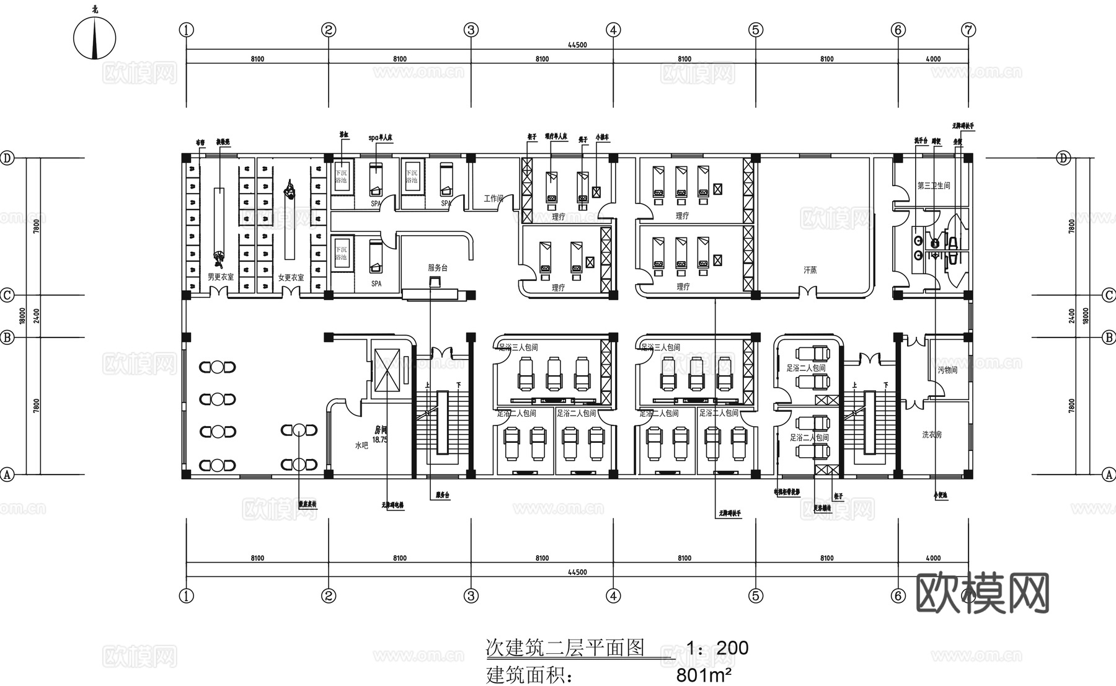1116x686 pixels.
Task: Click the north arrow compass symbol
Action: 94,38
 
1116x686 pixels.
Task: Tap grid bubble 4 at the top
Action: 613,30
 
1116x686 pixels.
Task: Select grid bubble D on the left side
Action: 7,158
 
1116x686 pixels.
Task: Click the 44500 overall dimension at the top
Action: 577,45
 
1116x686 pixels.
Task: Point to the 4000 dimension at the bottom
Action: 932,558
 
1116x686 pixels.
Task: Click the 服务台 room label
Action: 437,268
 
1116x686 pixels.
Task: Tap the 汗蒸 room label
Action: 810,270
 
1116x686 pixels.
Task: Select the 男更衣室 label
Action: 221,277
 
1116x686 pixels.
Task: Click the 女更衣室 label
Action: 291,278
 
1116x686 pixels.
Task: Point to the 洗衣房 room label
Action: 931,435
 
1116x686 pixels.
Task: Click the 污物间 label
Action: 947,370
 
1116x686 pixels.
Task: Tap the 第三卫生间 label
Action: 934,185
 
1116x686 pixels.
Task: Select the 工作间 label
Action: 494,198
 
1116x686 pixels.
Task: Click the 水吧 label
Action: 361,445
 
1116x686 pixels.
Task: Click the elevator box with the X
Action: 387,370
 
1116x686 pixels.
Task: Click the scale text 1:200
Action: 717,648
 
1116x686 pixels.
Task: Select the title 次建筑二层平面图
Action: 564,648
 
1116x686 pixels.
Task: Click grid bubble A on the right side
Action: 1109,474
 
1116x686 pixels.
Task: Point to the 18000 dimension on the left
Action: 22,316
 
